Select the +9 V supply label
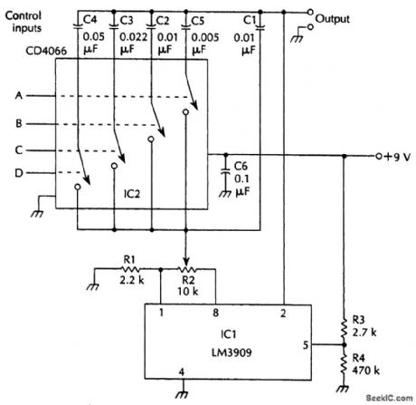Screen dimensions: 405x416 (x=396, y=155)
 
